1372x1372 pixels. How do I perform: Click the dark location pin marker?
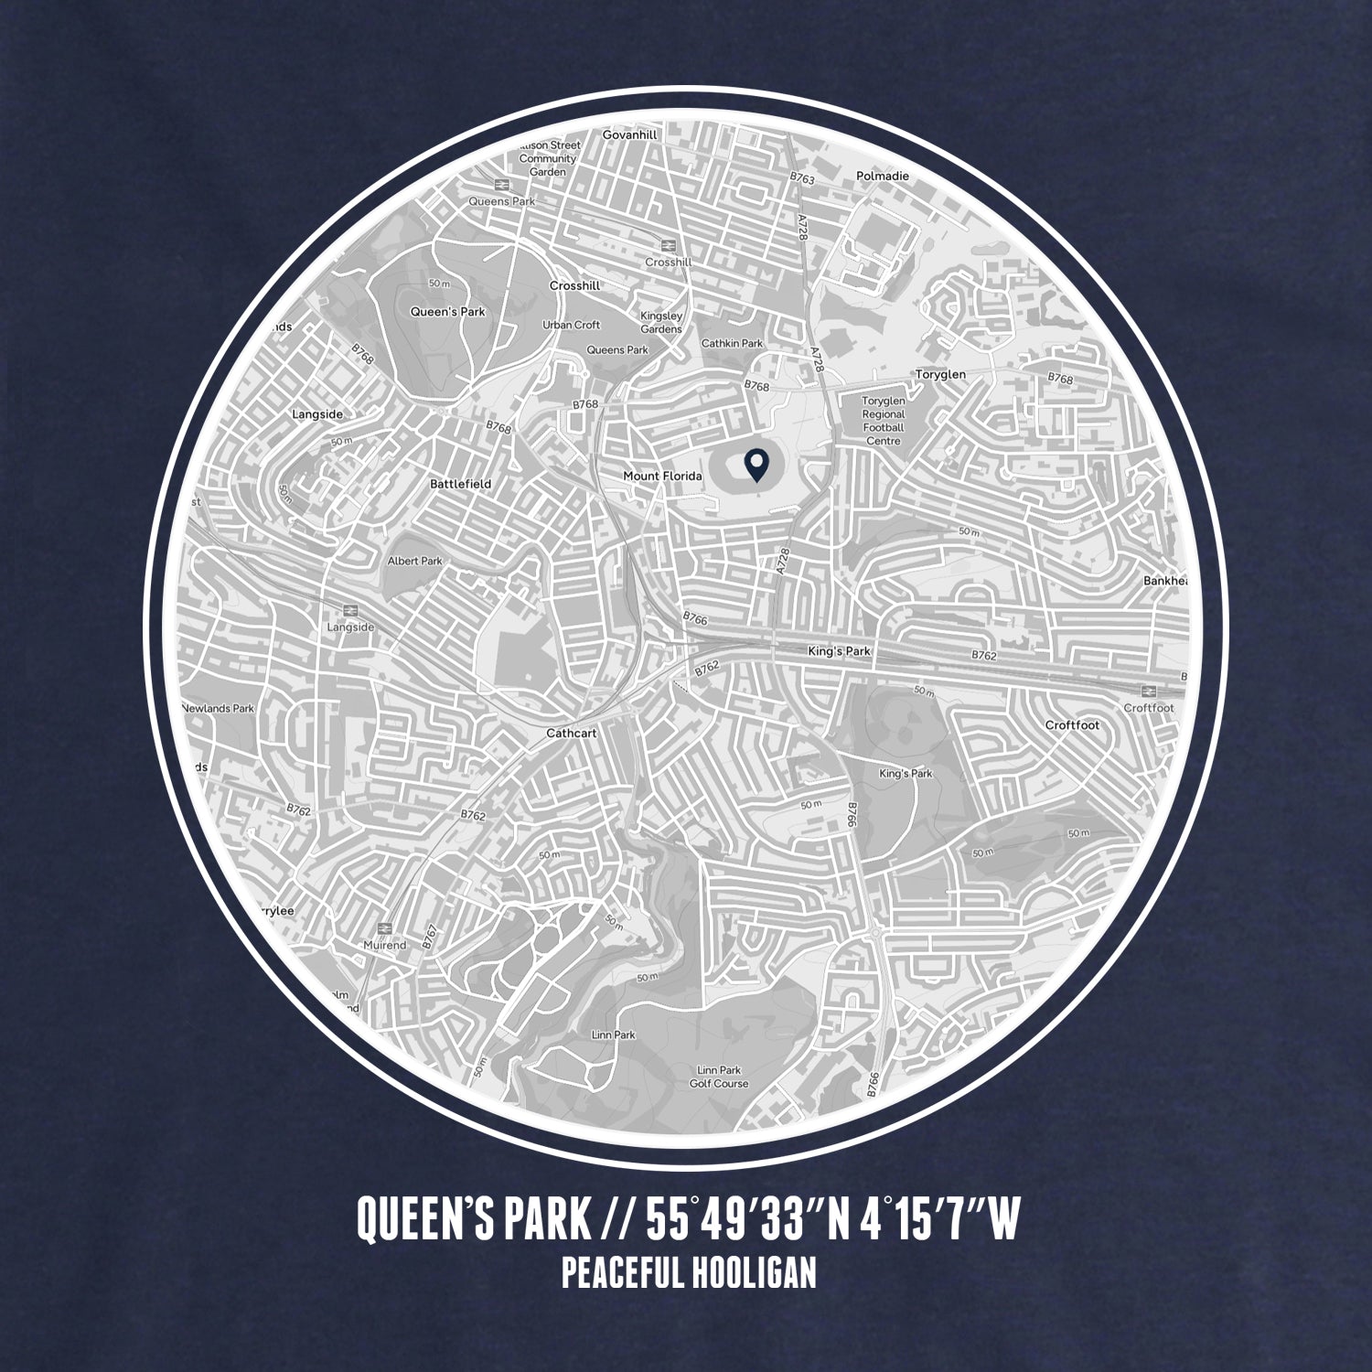point(756,466)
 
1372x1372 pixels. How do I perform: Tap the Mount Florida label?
point(662,477)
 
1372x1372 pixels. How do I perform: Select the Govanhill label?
point(629,135)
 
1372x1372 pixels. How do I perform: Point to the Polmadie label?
point(883,176)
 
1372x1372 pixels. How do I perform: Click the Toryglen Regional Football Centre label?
point(883,421)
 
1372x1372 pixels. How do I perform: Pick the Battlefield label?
point(460,484)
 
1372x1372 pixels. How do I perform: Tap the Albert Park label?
point(414,561)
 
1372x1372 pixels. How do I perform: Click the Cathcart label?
point(571,734)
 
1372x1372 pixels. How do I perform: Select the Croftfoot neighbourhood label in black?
point(1072,725)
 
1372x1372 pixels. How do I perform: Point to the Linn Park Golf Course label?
point(718,1077)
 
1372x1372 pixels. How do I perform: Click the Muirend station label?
point(384,945)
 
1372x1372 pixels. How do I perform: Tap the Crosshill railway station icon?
point(668,245)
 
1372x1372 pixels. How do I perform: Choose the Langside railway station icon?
point(349,610)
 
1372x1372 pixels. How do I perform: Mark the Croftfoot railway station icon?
point(1149,691)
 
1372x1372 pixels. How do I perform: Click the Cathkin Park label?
point(731,344)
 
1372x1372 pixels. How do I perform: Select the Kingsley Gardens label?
point(661,323)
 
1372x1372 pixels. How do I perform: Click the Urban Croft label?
point(571,325)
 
